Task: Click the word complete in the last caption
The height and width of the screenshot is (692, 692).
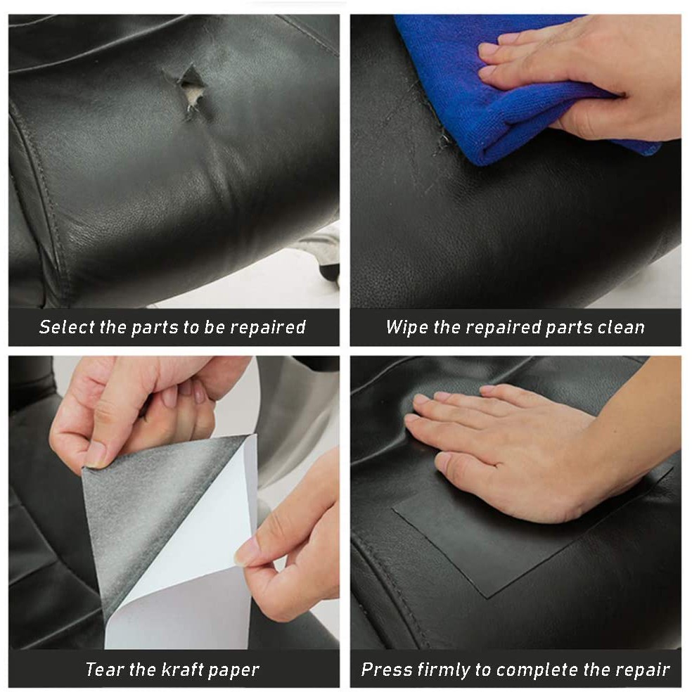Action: pyautogui.click(x=537, y=670)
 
